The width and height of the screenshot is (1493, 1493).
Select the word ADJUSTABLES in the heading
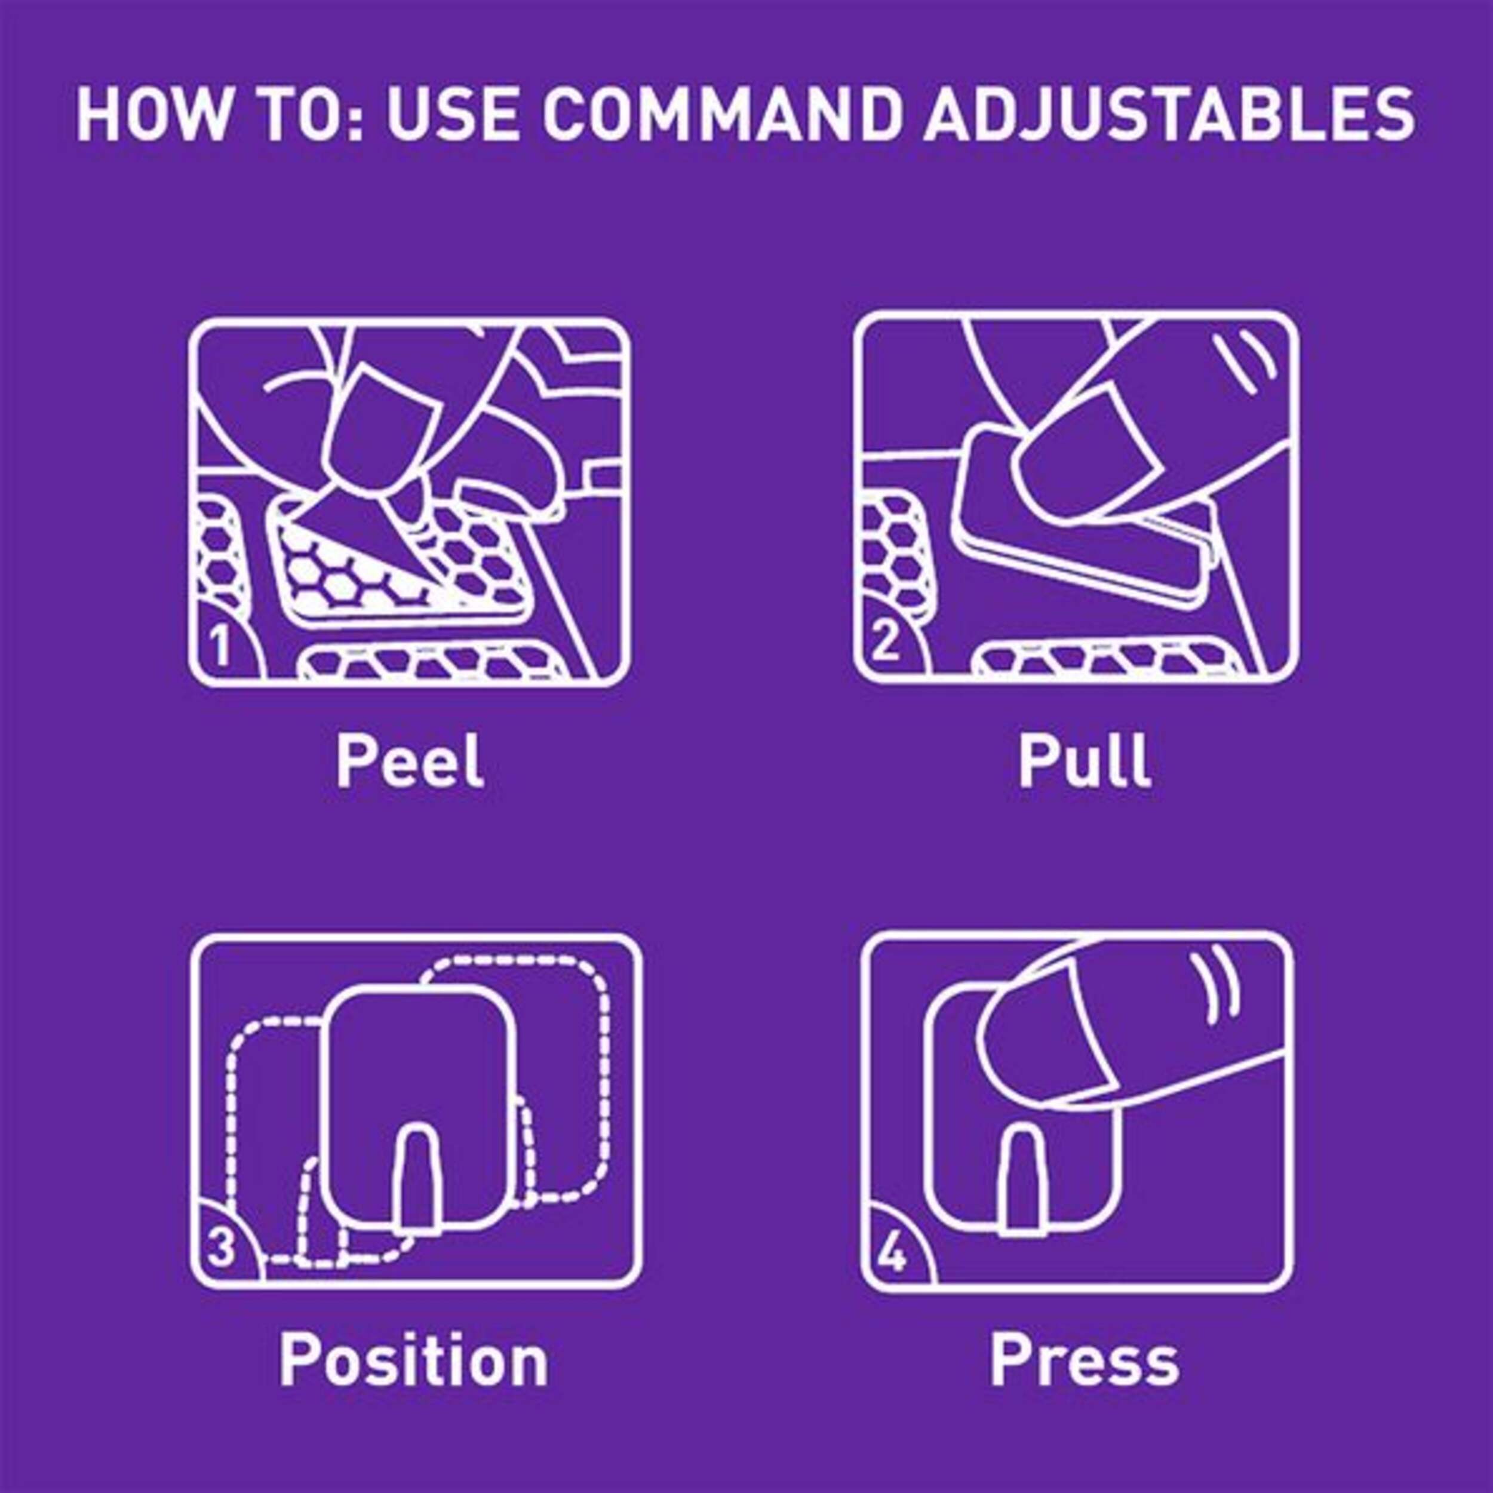(1170, 115)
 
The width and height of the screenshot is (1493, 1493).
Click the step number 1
(221, 647)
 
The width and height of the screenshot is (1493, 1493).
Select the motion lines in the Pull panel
(1241, 360)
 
